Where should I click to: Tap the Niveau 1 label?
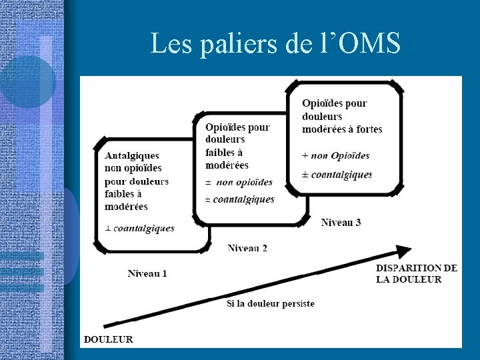[x=147, y=273]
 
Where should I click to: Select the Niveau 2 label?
[x=247, y=248]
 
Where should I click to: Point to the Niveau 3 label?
[x=341, y=222]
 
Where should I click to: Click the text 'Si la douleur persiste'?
[x=270, y=303]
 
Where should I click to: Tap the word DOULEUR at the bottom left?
[x=108, y=339]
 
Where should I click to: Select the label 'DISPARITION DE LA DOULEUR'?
[x=417, y=273]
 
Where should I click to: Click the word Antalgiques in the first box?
[x=132, y=155]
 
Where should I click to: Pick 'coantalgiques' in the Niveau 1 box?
[x=144, y=228]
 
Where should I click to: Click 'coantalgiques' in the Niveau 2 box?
[x=243, y=199]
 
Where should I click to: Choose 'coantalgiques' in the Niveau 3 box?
[x=342, y=175]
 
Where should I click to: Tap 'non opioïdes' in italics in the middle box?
[x=245, y=182]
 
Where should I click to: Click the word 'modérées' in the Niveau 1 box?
[x=126, y=207]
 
